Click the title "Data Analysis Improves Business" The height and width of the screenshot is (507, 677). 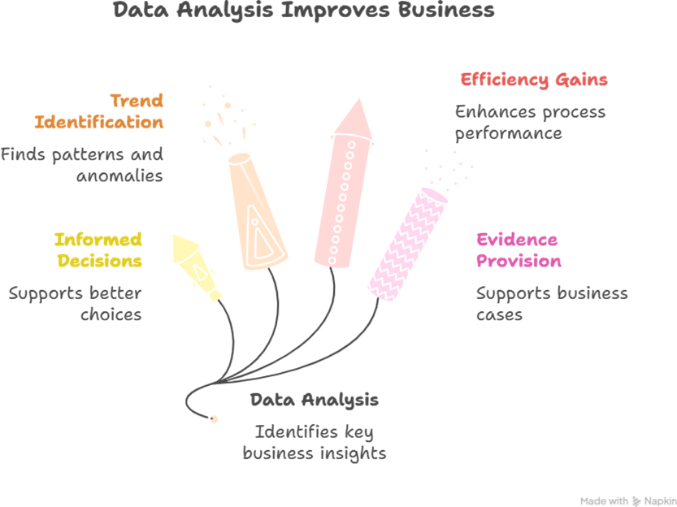[302, 11]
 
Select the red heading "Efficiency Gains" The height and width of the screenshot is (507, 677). [533, 80]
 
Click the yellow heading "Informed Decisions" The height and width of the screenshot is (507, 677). [98, 250]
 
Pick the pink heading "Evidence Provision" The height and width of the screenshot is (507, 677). [518, 250]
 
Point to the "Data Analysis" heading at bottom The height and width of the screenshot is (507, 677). [314, 400]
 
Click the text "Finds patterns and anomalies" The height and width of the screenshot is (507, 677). [82, 164]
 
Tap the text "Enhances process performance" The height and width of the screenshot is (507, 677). [530, 122]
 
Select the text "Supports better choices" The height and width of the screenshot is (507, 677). [76, 303]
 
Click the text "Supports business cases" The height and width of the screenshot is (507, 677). [551, 303]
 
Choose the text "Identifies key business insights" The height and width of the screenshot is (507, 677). [314, 442]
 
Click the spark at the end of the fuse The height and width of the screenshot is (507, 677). [214, 418]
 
